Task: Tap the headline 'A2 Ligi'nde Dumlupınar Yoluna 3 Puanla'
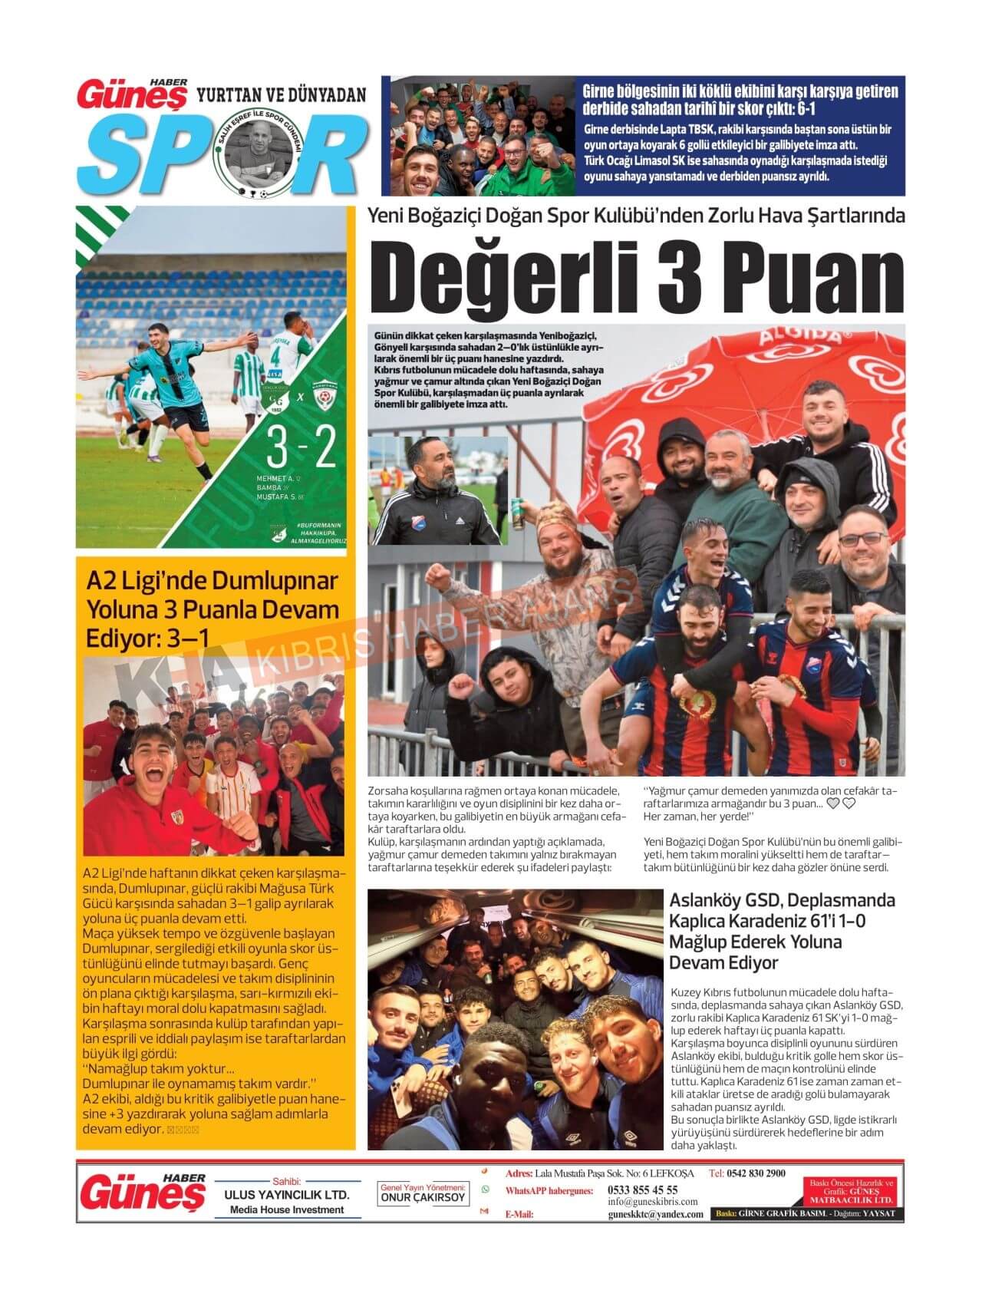pyautogui.click(x=212, y=609)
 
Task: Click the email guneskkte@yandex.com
pyautogui.click(x=655, y=1214)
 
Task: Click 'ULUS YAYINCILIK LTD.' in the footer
pyautogui.click(x=286, y=1196)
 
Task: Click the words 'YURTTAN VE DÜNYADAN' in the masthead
pyautogui.click(x=282, y=95)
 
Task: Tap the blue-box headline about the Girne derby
pyautogui.click(x=740, y=99)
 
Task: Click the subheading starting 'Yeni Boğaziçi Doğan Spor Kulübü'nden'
pyautogui.click(x=636, y=216)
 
